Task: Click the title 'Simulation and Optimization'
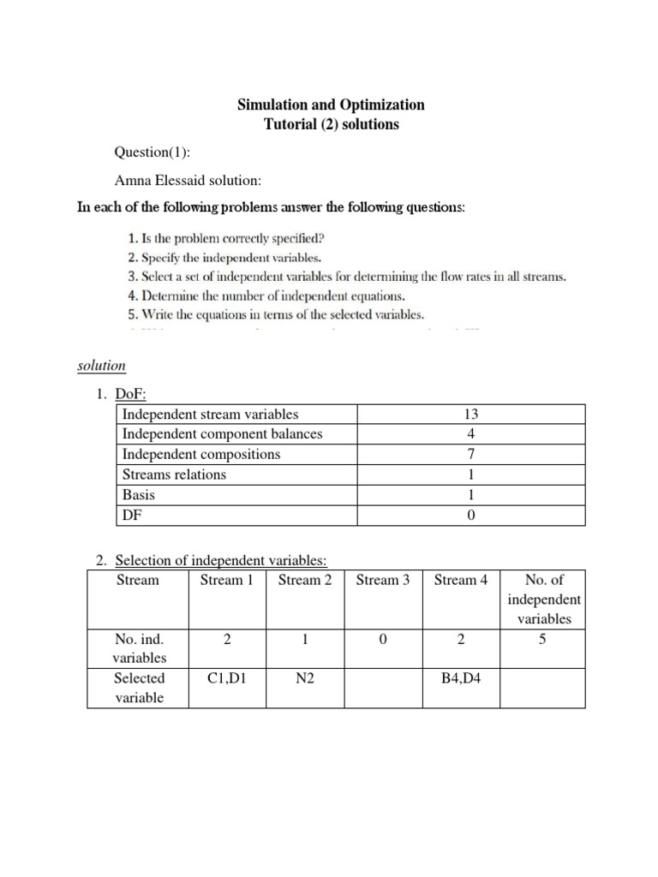[x=330, y=104]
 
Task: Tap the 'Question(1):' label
[x=153, y=152]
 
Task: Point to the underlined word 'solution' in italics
[x=102, y=366]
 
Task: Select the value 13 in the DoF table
[x=470, y=414]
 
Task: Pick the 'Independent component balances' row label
[x=222, y=434]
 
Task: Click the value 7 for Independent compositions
[x=470, y=454]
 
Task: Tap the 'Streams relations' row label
[x=174, y=474]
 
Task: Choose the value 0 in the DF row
[x=470, y=515]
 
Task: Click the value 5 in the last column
[x=542, y=638]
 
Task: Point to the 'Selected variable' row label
[x=139, y=687]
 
